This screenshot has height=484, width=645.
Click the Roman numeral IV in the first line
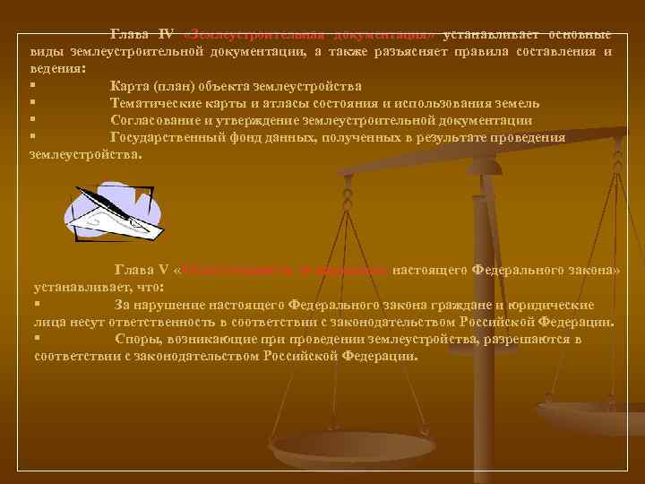coord(166,34)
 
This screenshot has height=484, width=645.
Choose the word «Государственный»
coord(168,137)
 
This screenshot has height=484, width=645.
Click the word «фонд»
coord(254,137)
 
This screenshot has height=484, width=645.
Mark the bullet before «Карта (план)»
coord(32,86)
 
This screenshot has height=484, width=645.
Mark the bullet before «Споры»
coord(37,339)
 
